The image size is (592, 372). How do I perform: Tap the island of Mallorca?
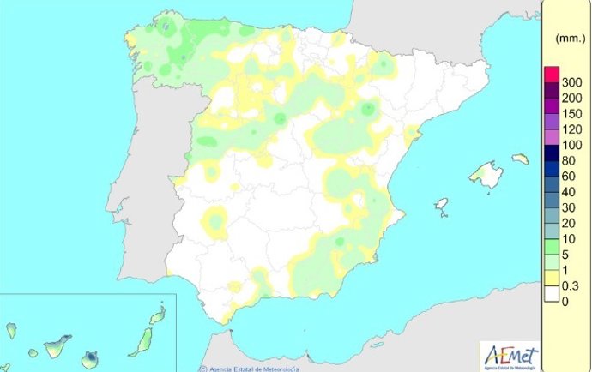[x=486, y=175]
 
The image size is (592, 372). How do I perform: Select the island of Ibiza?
[x=442, y=206]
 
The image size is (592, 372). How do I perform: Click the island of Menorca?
[x=519, y=159]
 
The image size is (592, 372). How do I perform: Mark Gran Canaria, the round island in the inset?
[x=90, y=357]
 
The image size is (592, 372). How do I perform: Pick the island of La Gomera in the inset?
[x=33, y=351]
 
